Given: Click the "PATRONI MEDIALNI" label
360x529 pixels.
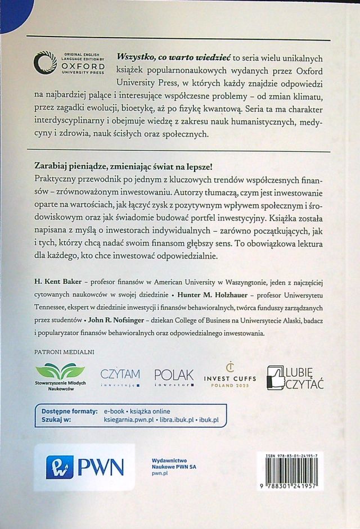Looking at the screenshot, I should [x=64, y=352].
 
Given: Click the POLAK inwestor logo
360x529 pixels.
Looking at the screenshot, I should [x=173, y=377].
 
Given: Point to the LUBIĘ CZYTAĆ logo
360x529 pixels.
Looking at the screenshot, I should [x=299, y=377].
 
